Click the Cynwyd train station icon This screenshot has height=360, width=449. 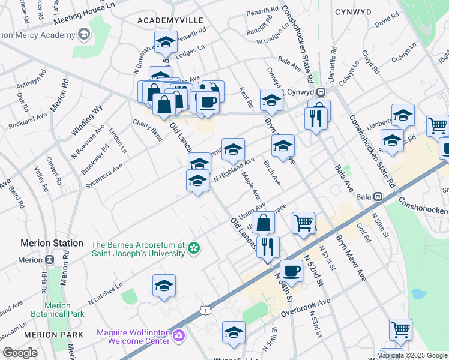[321, 92]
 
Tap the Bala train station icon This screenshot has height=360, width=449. [378, 196]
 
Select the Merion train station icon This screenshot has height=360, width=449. [49, 260]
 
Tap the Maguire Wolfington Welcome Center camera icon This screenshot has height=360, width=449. [178, 335]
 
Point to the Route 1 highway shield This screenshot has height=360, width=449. [206, 310]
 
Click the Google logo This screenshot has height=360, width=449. [20, 353]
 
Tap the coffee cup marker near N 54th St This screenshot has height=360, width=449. [292, 270]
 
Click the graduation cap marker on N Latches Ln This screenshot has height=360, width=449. [164, 286]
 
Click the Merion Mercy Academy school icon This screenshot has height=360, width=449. [83, 35]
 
